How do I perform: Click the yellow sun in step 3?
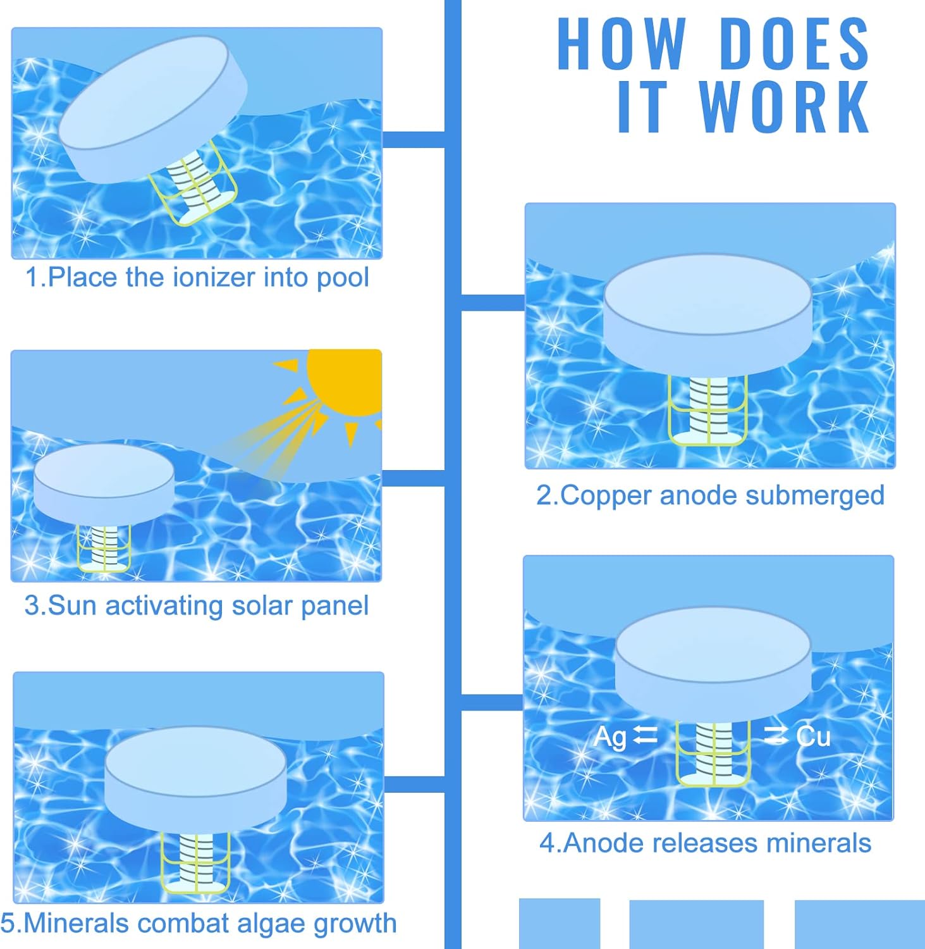tap(344, 383)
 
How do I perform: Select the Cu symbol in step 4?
tap(813, 736)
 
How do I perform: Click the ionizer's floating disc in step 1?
tap(153, 108)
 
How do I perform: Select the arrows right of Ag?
tap(646, 735)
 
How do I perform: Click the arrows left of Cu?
tap(776, 735)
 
